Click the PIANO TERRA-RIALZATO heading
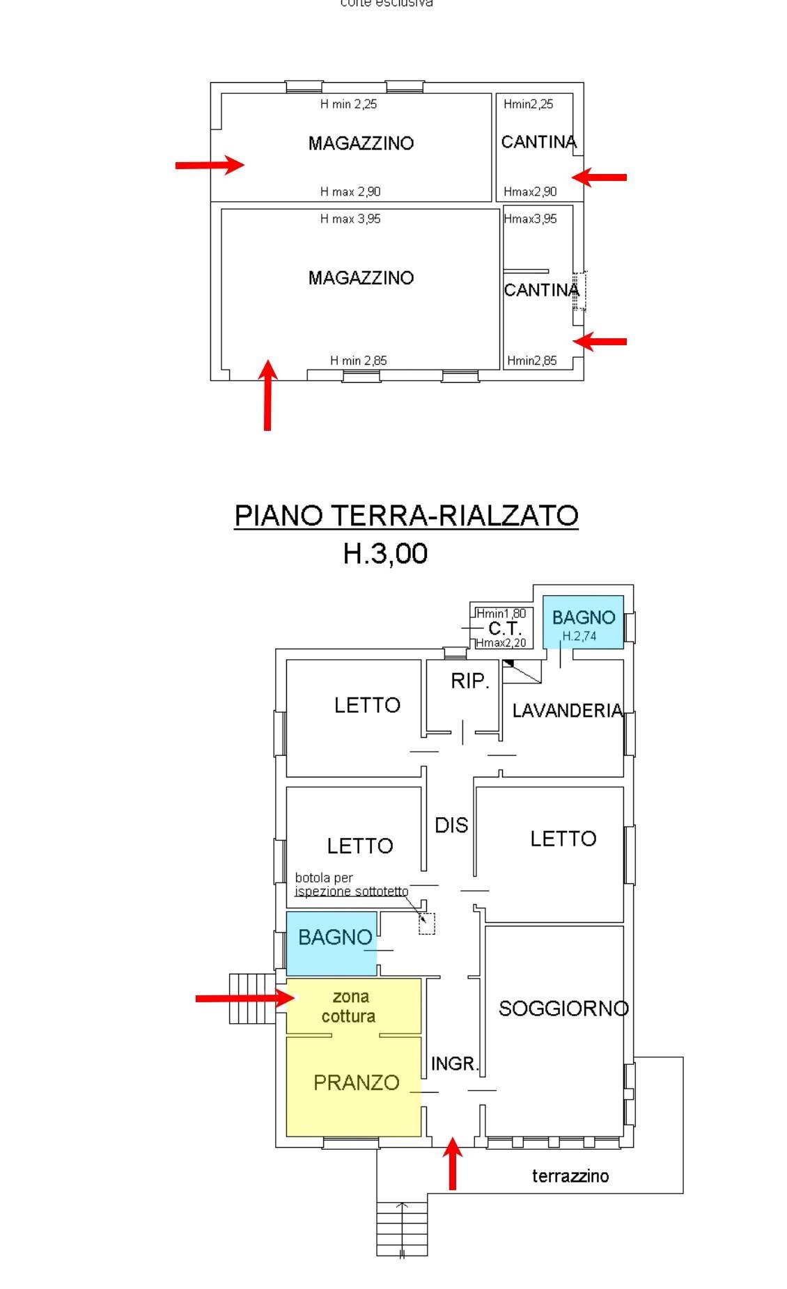[405, 516]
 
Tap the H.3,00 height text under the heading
[385, 553]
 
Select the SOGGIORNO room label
[563, 1008]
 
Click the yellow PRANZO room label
[356, 1082]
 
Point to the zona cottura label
[349, 1006]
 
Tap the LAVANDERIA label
[567, 711]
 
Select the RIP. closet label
[470, 681]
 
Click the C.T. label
[504, 628]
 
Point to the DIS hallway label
[451, 825]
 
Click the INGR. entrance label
[455, 1063]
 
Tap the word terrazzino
[570, 1176]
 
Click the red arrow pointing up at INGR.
[453, 1163]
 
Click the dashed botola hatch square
[427, 924]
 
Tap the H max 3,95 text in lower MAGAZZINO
[350, 219]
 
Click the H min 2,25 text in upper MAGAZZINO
[348, 104]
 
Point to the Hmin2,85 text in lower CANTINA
[532, 361]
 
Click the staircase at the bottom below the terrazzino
[402, 1228]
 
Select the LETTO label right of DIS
[563, 839]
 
